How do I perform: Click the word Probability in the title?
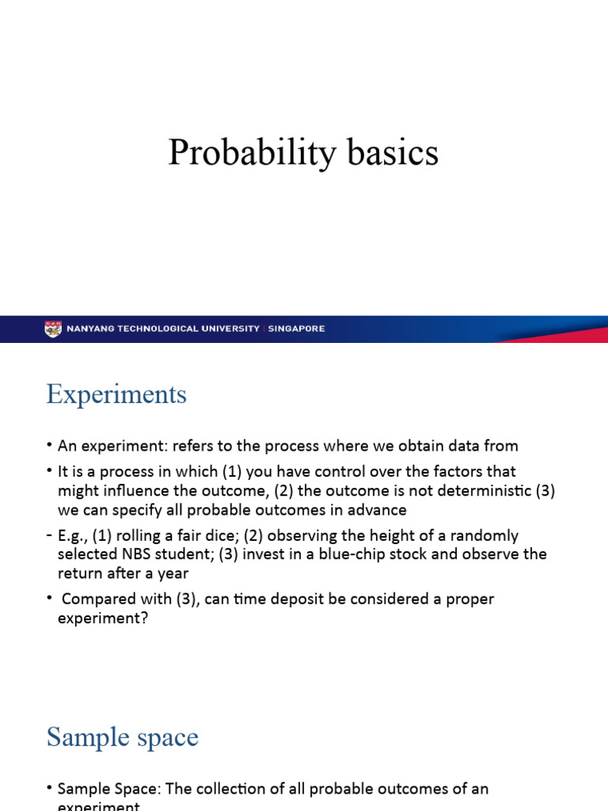[249, 153]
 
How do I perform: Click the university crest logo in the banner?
[53, 329]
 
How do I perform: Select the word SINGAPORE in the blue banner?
[296, 329]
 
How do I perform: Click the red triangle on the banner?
[554, 335]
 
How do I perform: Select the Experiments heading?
[116, 394]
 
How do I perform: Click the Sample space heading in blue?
[122, 737]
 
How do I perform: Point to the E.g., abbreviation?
[73, 535]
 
